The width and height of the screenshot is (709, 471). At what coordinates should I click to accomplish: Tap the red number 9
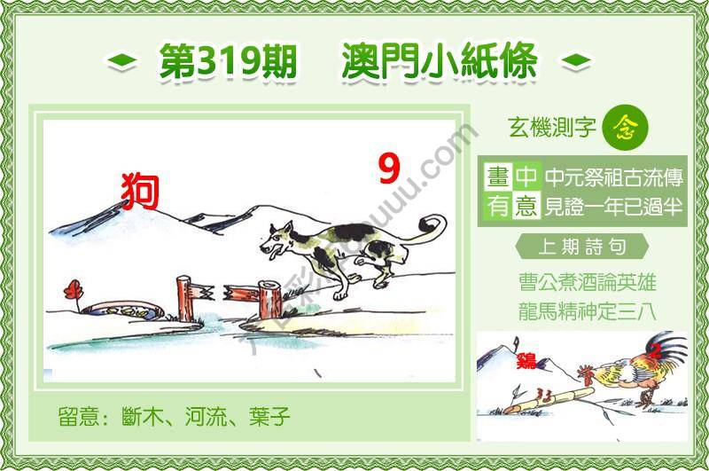point(388,169)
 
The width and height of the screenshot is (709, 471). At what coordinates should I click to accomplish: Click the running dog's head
point(282,239)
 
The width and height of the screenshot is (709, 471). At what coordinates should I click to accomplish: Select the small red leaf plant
point(70,291)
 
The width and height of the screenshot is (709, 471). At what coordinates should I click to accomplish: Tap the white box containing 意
point(526,207)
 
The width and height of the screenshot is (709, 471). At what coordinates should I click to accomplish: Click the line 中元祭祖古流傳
point(613,177)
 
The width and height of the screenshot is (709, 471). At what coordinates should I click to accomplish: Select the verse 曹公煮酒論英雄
point(588,284)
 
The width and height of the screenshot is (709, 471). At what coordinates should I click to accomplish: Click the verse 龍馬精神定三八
point(588,311)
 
